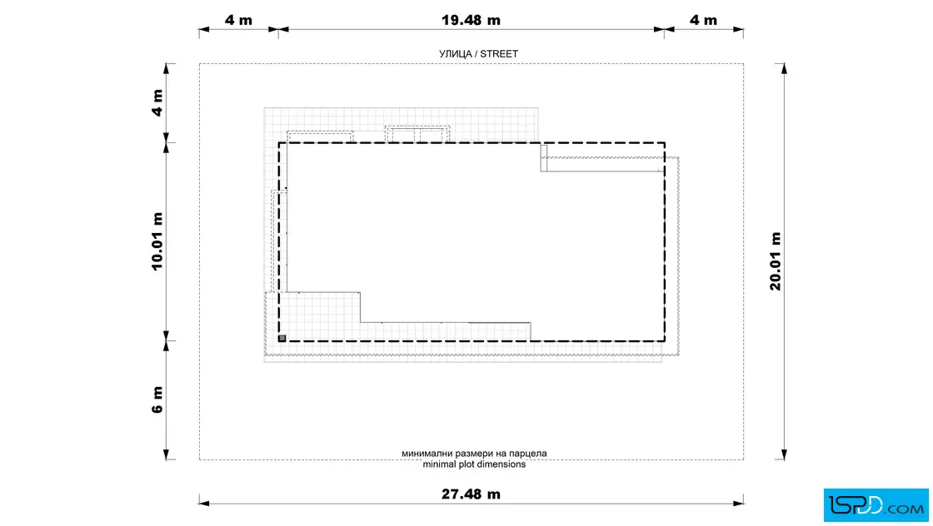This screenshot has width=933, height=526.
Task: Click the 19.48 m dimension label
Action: point(471,20)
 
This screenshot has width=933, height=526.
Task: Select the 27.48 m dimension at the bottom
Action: point(471,494)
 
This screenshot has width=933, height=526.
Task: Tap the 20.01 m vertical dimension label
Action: point(776,261)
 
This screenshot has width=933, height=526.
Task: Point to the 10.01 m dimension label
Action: point(157,241)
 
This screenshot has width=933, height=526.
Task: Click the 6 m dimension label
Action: point(157,399)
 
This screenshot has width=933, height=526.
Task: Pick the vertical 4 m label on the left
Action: point(157,103)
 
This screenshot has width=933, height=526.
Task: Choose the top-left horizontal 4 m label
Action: point(238,20)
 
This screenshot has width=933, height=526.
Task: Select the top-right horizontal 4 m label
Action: point(703,20)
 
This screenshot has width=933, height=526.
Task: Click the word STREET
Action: point(499,53)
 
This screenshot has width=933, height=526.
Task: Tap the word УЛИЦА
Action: point(455,53)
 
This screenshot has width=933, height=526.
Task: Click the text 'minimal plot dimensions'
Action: point(474,464)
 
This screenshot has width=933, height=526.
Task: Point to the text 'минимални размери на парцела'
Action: point(474,454)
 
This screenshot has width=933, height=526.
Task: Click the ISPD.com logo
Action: point(876,505)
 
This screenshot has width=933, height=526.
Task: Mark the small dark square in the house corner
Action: point(282,338)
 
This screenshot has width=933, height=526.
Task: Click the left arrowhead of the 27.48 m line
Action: point(204,504)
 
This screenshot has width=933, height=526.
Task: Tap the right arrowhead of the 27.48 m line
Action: point(738,504)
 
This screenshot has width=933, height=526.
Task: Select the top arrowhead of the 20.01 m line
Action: point(784,69)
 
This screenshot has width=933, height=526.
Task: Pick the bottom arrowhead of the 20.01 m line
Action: point(784,454)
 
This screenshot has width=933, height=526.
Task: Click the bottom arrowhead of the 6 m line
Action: point(166,454)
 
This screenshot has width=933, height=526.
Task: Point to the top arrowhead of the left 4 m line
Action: point(166,69)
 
